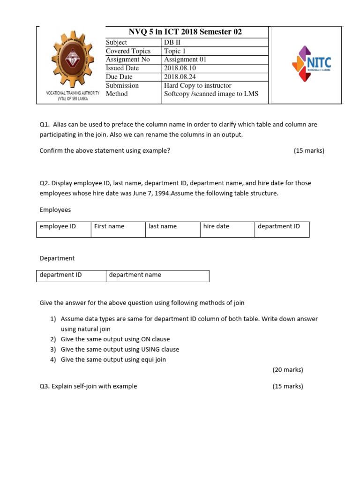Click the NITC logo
point(311,63)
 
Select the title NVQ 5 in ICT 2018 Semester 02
point(185,32)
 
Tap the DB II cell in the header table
point(172,43)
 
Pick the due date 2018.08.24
point(180,77)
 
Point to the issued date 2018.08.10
point(180,68)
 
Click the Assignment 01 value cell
point(185,60)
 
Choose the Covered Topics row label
point(128,51)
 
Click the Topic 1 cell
point(175,51)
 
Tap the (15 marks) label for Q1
point(309,150)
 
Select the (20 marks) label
point(288,370)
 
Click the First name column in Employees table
point(109,226)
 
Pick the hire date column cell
point(216,226)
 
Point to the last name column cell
point(163,226)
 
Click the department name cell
point(135,275)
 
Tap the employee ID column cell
point(58,226)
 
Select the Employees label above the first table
point(55,210)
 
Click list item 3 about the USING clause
point(120,349)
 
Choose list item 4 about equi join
point(113,360)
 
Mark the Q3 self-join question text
point(89,386)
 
